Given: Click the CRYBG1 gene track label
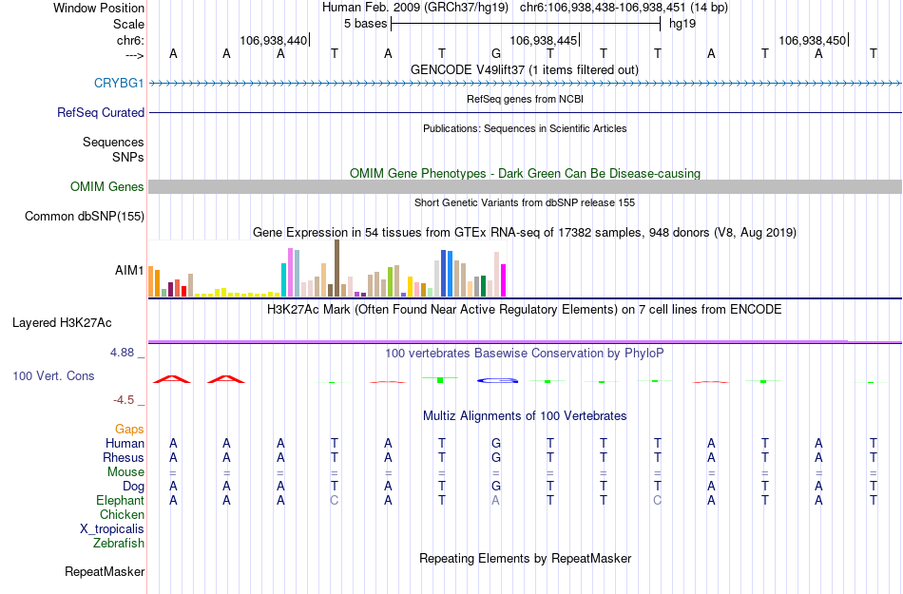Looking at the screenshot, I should pyautogui.click(x=119, y=84).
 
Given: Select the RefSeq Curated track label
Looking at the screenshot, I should pyautogui.click(x=101, y=113).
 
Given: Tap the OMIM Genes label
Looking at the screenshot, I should pyautogui.click(x=107, y=187).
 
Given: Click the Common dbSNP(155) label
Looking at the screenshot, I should pyautogui.click(x=84, y=217).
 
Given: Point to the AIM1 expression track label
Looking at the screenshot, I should pyautogui.click(x=129, y=271).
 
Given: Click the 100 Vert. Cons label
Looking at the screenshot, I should pyautogui.click(x=53, y=376).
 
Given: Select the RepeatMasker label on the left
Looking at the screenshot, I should pyautogui.click(x=105, y=572).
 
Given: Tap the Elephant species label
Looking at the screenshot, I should pyautogui.click(x=120, y=501).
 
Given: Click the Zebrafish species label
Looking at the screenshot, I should pyautogui.click(x=119, y=544).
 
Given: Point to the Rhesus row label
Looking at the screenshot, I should pyautogui.click(x=123, y=458).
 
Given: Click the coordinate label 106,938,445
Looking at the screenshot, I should pyautogui.click(x=543, y=41).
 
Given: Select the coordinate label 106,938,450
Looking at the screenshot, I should pyautogui.click(x=811, y=41).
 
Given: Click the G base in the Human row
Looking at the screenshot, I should pyautogui.click(x=495, y=443).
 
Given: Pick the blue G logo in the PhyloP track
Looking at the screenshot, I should pyautogui.click(x=496, y=380).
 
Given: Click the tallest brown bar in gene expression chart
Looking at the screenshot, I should pyautogui.click(x=337, y=268).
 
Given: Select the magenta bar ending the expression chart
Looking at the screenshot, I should pyautogui.click(x=504, y=280).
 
